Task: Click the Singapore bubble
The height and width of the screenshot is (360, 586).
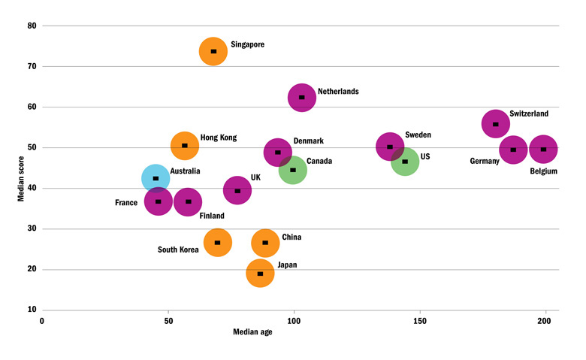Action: (213, 51)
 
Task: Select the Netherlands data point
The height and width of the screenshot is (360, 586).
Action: (301, 97)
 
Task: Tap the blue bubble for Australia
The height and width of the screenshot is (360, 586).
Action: (156, 178)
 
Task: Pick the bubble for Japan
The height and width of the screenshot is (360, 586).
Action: (260, 273)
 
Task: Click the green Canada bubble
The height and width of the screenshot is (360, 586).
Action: (293, 170)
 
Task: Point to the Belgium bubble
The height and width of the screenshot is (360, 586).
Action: (543, 149)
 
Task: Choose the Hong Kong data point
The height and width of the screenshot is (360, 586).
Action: (185, 145)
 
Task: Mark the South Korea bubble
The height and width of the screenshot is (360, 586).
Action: (218, 242)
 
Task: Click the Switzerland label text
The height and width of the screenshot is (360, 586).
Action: (529, 114)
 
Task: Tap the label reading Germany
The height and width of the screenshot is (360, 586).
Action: (485, 161)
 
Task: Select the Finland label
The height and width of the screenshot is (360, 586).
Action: (212, 216)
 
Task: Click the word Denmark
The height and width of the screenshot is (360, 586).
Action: (309, 141)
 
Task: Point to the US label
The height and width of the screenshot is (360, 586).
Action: (425, 157)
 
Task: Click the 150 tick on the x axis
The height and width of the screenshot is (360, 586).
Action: (420, 320)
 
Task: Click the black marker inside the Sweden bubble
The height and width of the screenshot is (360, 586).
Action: (390, 147)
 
